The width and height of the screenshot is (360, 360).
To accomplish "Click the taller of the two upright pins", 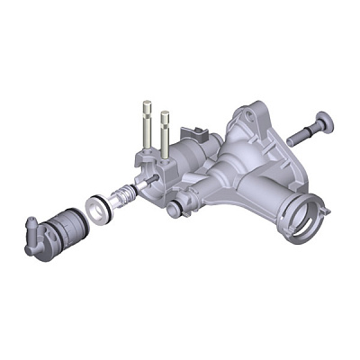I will click(x=147, y=126).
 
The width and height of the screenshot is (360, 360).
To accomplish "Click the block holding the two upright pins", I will click(x=157, y=162).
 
